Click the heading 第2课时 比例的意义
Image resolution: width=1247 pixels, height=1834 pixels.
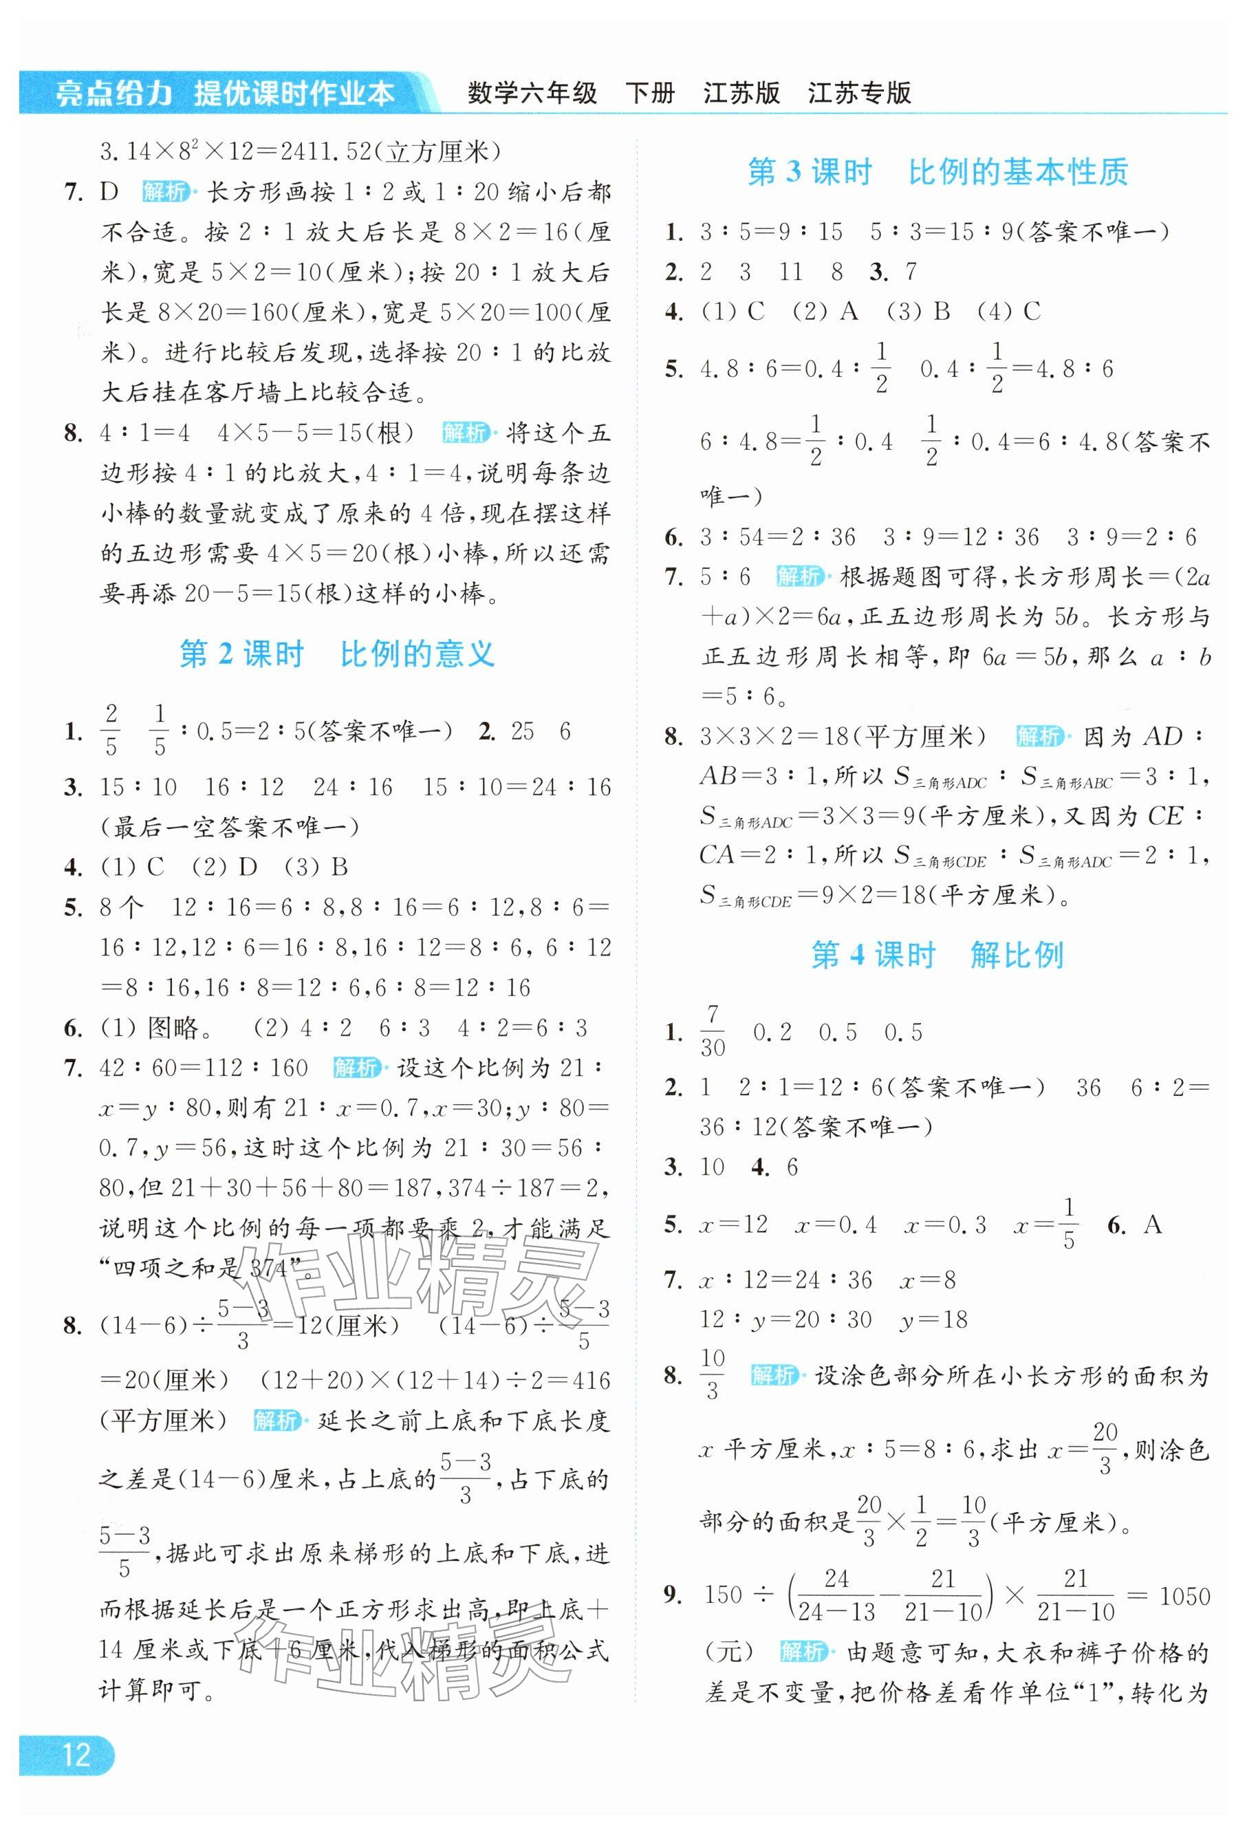[x=337, y=654]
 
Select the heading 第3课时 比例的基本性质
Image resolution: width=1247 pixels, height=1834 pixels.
[x=937, y=172]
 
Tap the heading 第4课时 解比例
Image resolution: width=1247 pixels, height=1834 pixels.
[x=937, y=956]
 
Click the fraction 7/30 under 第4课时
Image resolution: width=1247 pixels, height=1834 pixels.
[x=712, y=1031]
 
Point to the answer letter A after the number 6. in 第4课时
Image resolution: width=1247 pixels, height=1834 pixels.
[x=1152, y=1224]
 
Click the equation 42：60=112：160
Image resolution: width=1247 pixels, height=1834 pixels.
[x=204, y=1068]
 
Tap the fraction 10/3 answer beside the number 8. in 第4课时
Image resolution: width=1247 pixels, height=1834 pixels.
[x=712, y=1374]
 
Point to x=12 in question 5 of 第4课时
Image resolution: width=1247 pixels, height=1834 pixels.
[x=733, y=1225]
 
